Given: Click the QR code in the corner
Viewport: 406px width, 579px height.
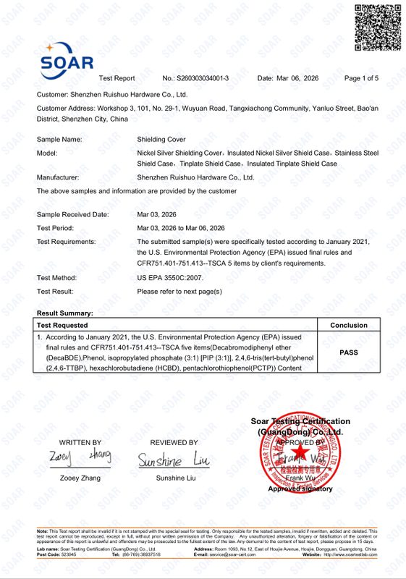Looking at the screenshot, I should pyautogui.click(x=377, y=28).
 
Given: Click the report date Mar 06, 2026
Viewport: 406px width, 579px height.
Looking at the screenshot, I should pyautogui.click(x=298, y=78).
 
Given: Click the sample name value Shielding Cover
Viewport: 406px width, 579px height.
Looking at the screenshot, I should pyautogui.click(x=161, y=139).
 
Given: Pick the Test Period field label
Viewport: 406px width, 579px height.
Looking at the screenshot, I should pyautogui.click(x=56, y=229).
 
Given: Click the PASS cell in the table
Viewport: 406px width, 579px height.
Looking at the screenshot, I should pyautogui.click(x=349, y=352).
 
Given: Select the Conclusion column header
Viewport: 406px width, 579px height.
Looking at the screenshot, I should pyautogui.click(x=349, y=326).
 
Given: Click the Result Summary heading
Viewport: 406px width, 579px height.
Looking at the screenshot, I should pyautogui.click(x=65, y=313).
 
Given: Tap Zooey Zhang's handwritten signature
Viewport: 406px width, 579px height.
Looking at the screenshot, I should pyautogui.click(x=80, y=457).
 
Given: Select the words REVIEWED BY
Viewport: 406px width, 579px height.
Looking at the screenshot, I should pyautogui.click(x=174, y=442).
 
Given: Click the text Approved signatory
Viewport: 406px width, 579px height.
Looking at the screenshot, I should pyautogui.click(x=300, y=489).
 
